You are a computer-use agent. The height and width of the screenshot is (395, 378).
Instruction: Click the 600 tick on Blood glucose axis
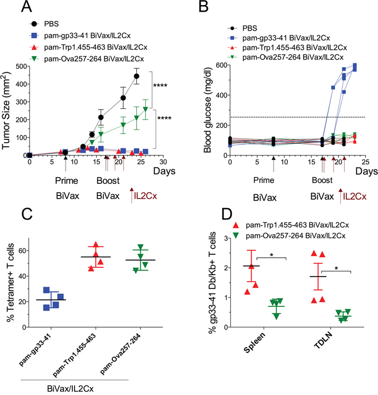pyautogui.click(x=220, y=65)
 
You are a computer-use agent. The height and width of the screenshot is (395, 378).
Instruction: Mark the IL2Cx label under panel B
pyautogui.click(x=355, y=196)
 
